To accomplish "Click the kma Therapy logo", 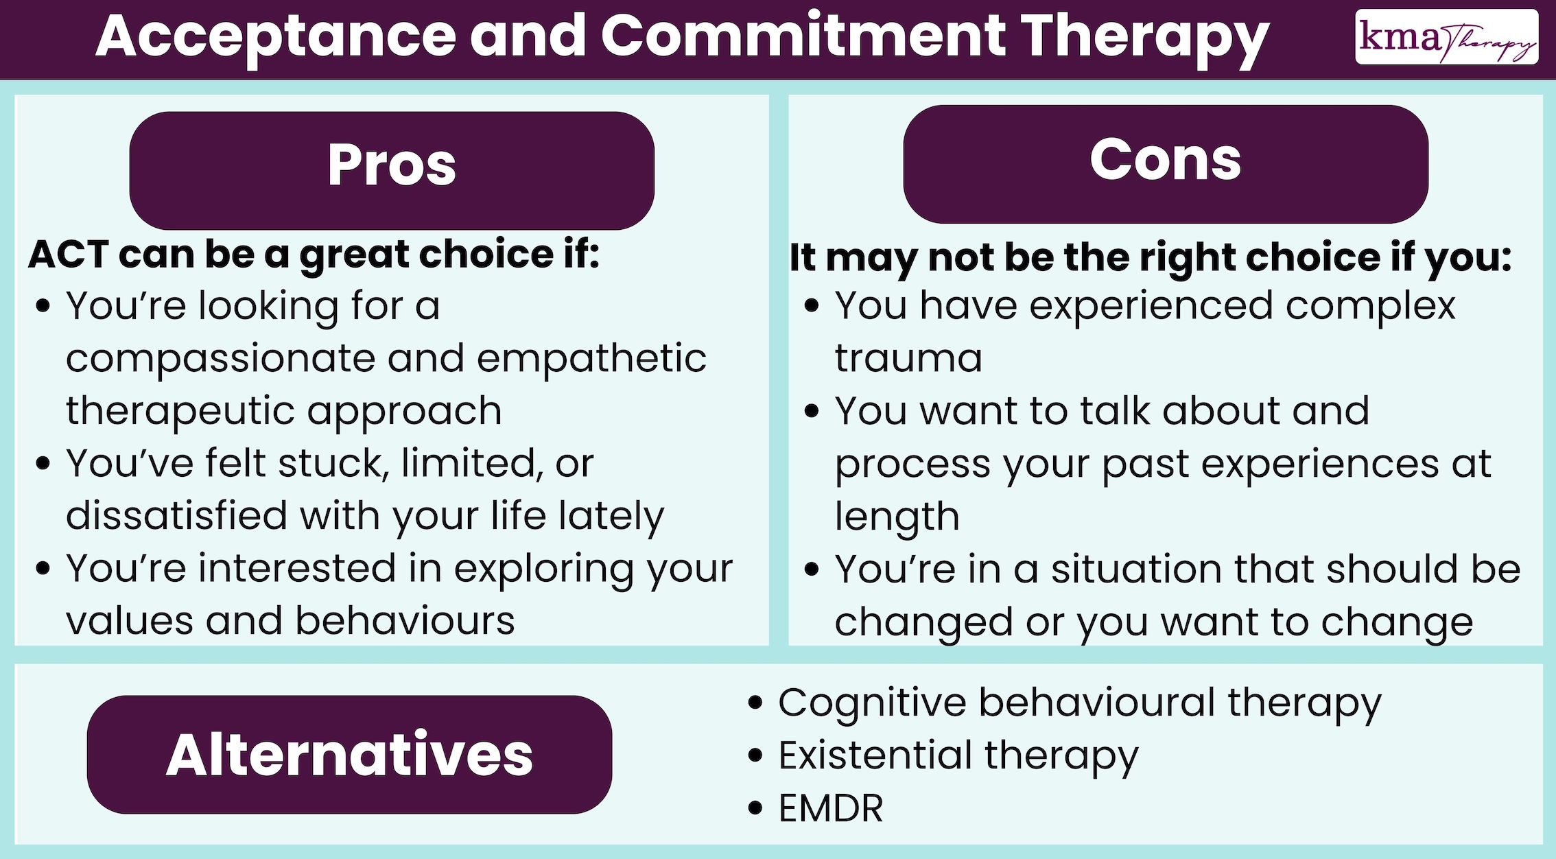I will (x=1446, y=38).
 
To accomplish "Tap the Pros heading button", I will (x=392, y=169).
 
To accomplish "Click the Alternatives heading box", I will (x=349, y=754).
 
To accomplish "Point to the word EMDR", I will (x=830, y=808).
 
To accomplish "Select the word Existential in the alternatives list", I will (x=875, y=755).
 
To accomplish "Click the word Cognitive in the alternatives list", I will (x=871, y=703).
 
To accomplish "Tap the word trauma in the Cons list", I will (x=908, y=358).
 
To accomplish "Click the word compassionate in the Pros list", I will (x=220, y=358).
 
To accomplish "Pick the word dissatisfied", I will (x=176, y=516).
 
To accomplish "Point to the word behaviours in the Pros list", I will (x=405, y=621).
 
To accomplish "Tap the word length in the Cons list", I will (x=897, y=517).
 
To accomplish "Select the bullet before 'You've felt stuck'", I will (x=43, y=464).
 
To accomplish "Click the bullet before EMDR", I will (x=755, y=808).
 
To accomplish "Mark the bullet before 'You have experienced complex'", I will (x=812, y=306).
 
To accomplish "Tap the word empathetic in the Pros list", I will (x=591, y=358).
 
